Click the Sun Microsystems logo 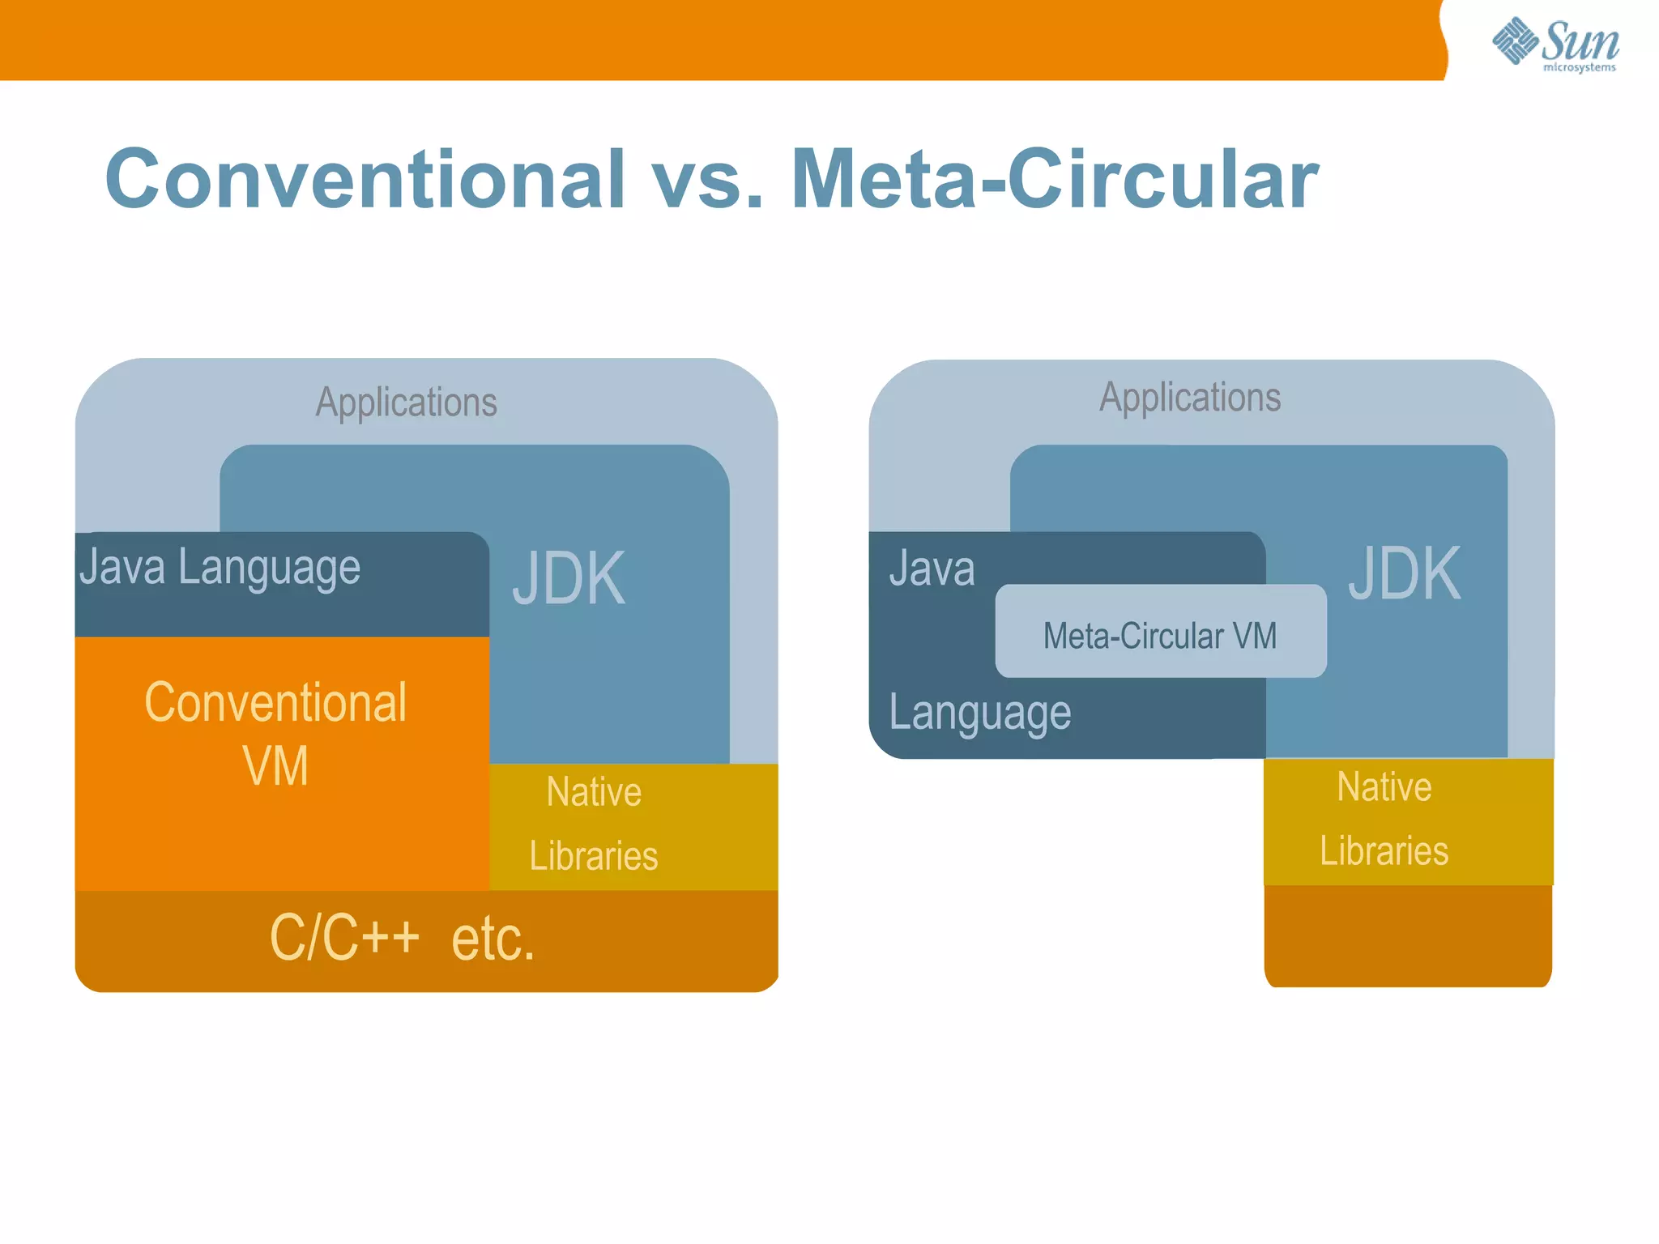point(1555,44)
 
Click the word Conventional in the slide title point(365,179)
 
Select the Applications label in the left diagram point(406,403)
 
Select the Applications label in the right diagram point(1190,398)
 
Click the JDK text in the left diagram point(569,578)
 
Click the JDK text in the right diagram point(1405,573)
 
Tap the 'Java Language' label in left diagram point(220,568)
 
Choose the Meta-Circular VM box point(1160,635)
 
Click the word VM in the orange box point(275,765)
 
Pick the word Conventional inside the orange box point(275,702)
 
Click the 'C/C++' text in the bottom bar point(344,938)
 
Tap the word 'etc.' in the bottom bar point(493,939)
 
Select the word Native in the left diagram point(594,792)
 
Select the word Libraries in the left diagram point(594,856)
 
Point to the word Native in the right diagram point(1384,787)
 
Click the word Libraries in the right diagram point(1384,851)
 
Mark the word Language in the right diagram point(979,714)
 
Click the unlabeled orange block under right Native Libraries point(1408,935)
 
